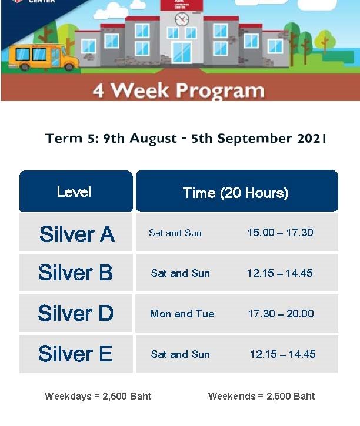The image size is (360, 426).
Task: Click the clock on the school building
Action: [x=182, y=19]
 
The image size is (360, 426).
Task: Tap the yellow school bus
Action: [x=44, y=58]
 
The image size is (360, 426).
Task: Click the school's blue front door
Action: [x=182, y=53]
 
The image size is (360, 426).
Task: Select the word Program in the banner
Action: [x=220, y=90]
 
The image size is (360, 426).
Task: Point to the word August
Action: [x=153, y=139]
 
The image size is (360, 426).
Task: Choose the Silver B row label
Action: [x=76, y=273]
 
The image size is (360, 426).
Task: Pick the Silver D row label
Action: [x=76, y=313]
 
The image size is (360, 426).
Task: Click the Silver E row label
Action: [x=76, y=354]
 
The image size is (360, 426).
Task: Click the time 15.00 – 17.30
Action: [x=281, y=233]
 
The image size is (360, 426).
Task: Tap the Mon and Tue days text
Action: [x=182, y=314]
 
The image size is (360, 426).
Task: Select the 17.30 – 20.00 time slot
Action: [x=281, y=314]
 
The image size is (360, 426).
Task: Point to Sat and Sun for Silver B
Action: [x=180, y=273]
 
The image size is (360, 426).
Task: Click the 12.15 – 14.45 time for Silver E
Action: [x=282, y=354]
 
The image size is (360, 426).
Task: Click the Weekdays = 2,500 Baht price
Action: [x=98, y=396]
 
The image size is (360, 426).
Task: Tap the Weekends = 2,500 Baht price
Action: [x=261, y=396]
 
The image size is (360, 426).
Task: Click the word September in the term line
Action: [x=255, y=139]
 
